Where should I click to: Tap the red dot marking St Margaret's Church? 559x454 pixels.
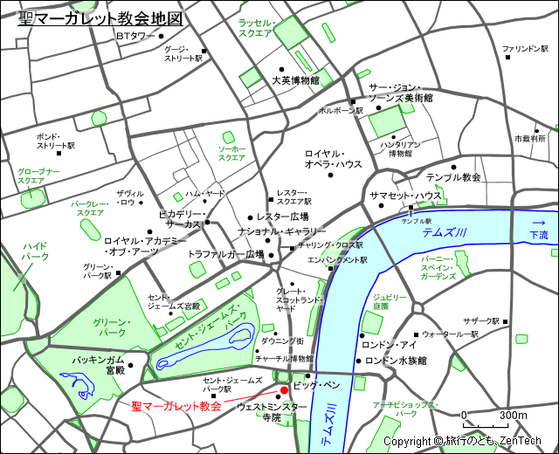pyautogui.click(x=284, y=390)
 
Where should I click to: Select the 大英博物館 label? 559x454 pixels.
pyautogui.click(x=294, y=80)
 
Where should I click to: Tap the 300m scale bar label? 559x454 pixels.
pyautogui.click(x=513, y=415)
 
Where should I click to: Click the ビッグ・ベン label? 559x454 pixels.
pyautogui.click(x=321, y=384)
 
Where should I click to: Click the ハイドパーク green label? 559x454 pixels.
pyautogui.click(x=35, y=251)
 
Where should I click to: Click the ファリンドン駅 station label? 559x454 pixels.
pyautogui.click(x=524, y=49)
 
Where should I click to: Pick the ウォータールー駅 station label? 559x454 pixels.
pyautogui.click(x=450, y=334)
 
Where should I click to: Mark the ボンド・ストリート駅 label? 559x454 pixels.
pyautogui.click(x=55, y=141)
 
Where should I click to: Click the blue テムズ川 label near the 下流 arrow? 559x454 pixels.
pyautogui.click(x=444, y=232)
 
